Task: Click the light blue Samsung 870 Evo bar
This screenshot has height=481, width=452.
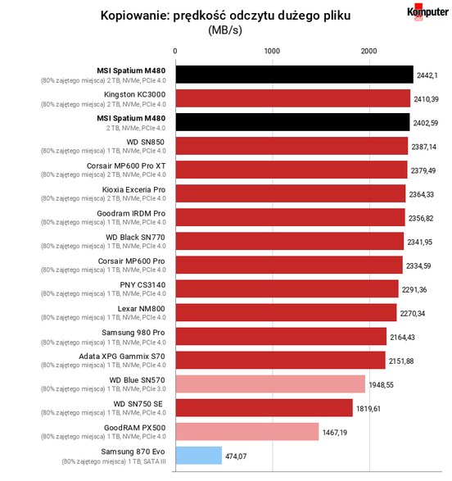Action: click(x=199, y=456)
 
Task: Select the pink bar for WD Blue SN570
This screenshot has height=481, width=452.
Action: click(x=270, y=384)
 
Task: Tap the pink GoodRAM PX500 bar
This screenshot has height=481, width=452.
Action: click(x=247, y=432)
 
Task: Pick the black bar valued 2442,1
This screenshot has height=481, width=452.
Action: click(x=295, y=75)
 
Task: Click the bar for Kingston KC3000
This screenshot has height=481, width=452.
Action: click(x=293, y=98)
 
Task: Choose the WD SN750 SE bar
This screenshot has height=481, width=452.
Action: click(x=264, y=408)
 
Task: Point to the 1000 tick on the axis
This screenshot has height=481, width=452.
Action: click(x=272, y=51)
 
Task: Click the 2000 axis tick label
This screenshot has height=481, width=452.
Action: click(x=368, y=51)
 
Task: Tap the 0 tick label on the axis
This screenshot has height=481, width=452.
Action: click(x=175, y=51)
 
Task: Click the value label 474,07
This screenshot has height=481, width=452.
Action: click(x=236, y=456)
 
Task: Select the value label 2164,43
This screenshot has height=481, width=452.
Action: click(x=402, y=337)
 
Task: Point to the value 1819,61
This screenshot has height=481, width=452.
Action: click(x=368, y=409)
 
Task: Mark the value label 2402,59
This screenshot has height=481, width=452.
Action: click(x=426, y=123)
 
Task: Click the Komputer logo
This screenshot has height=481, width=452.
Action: click(x=427, y=11)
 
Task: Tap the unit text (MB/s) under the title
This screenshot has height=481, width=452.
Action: click(x=225, y=30)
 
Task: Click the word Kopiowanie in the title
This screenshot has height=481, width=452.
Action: click(x=134, y=16)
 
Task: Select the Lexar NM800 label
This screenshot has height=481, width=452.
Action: click(x=142, y=309)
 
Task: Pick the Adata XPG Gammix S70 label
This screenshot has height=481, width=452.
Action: click(x=122, y=356)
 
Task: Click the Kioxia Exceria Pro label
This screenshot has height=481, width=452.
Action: click(x=134, y=189)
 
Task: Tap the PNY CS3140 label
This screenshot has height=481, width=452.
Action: click(x=142, y=284)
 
